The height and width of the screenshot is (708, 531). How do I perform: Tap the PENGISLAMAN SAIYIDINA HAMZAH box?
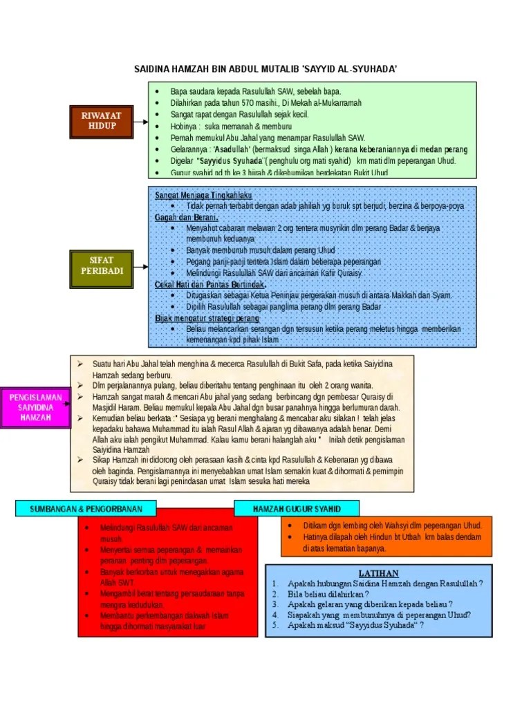pos(35,407)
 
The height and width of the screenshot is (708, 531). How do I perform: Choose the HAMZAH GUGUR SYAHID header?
pos(297,509)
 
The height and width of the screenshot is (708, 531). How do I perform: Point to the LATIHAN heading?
pos(378,573)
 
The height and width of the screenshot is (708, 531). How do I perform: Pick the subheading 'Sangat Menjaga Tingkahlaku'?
pos(203,196)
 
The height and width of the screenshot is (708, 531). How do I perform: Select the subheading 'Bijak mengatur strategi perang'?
pos(207,318)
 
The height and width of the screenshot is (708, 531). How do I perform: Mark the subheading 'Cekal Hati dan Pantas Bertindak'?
pos(211,284)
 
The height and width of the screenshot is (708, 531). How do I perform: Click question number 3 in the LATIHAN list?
pos(274,604)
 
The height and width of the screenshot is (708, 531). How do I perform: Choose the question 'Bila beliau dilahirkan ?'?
pos(328,593)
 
